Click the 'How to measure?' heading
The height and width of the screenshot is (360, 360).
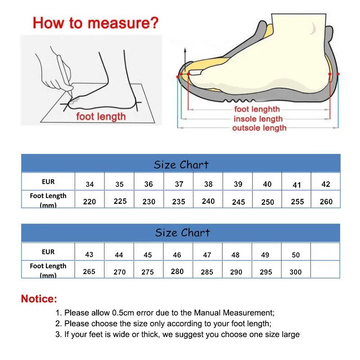[x=95, y=22]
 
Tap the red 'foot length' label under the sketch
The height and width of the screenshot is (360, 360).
[x=101, y=117]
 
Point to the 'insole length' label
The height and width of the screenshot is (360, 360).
[x=258, y=119]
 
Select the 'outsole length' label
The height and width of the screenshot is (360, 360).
[x=259, y=128]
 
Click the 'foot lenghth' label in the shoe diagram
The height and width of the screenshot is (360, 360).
[x=257, y=109]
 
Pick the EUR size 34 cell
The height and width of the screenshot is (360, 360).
[x=90, y=184]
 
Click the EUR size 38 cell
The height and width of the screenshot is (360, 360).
[x=208, y=184]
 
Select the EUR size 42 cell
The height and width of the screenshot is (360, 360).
[x=326, y=184]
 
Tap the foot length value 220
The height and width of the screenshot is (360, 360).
[x=90, y=202]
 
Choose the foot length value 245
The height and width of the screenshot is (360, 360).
[x=238, y=202]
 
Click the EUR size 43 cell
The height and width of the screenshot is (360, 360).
[x=89, y=254]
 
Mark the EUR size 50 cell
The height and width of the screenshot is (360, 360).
[x=296, y=255]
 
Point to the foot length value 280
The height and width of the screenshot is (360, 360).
[x=177, y=271]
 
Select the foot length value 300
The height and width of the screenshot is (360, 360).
[x=296, y=272]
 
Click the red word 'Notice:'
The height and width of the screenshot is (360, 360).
[x=39, y=298]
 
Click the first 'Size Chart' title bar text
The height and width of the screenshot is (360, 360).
[x=181, y=164]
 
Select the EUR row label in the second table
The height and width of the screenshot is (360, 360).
[x=48, y=252]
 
